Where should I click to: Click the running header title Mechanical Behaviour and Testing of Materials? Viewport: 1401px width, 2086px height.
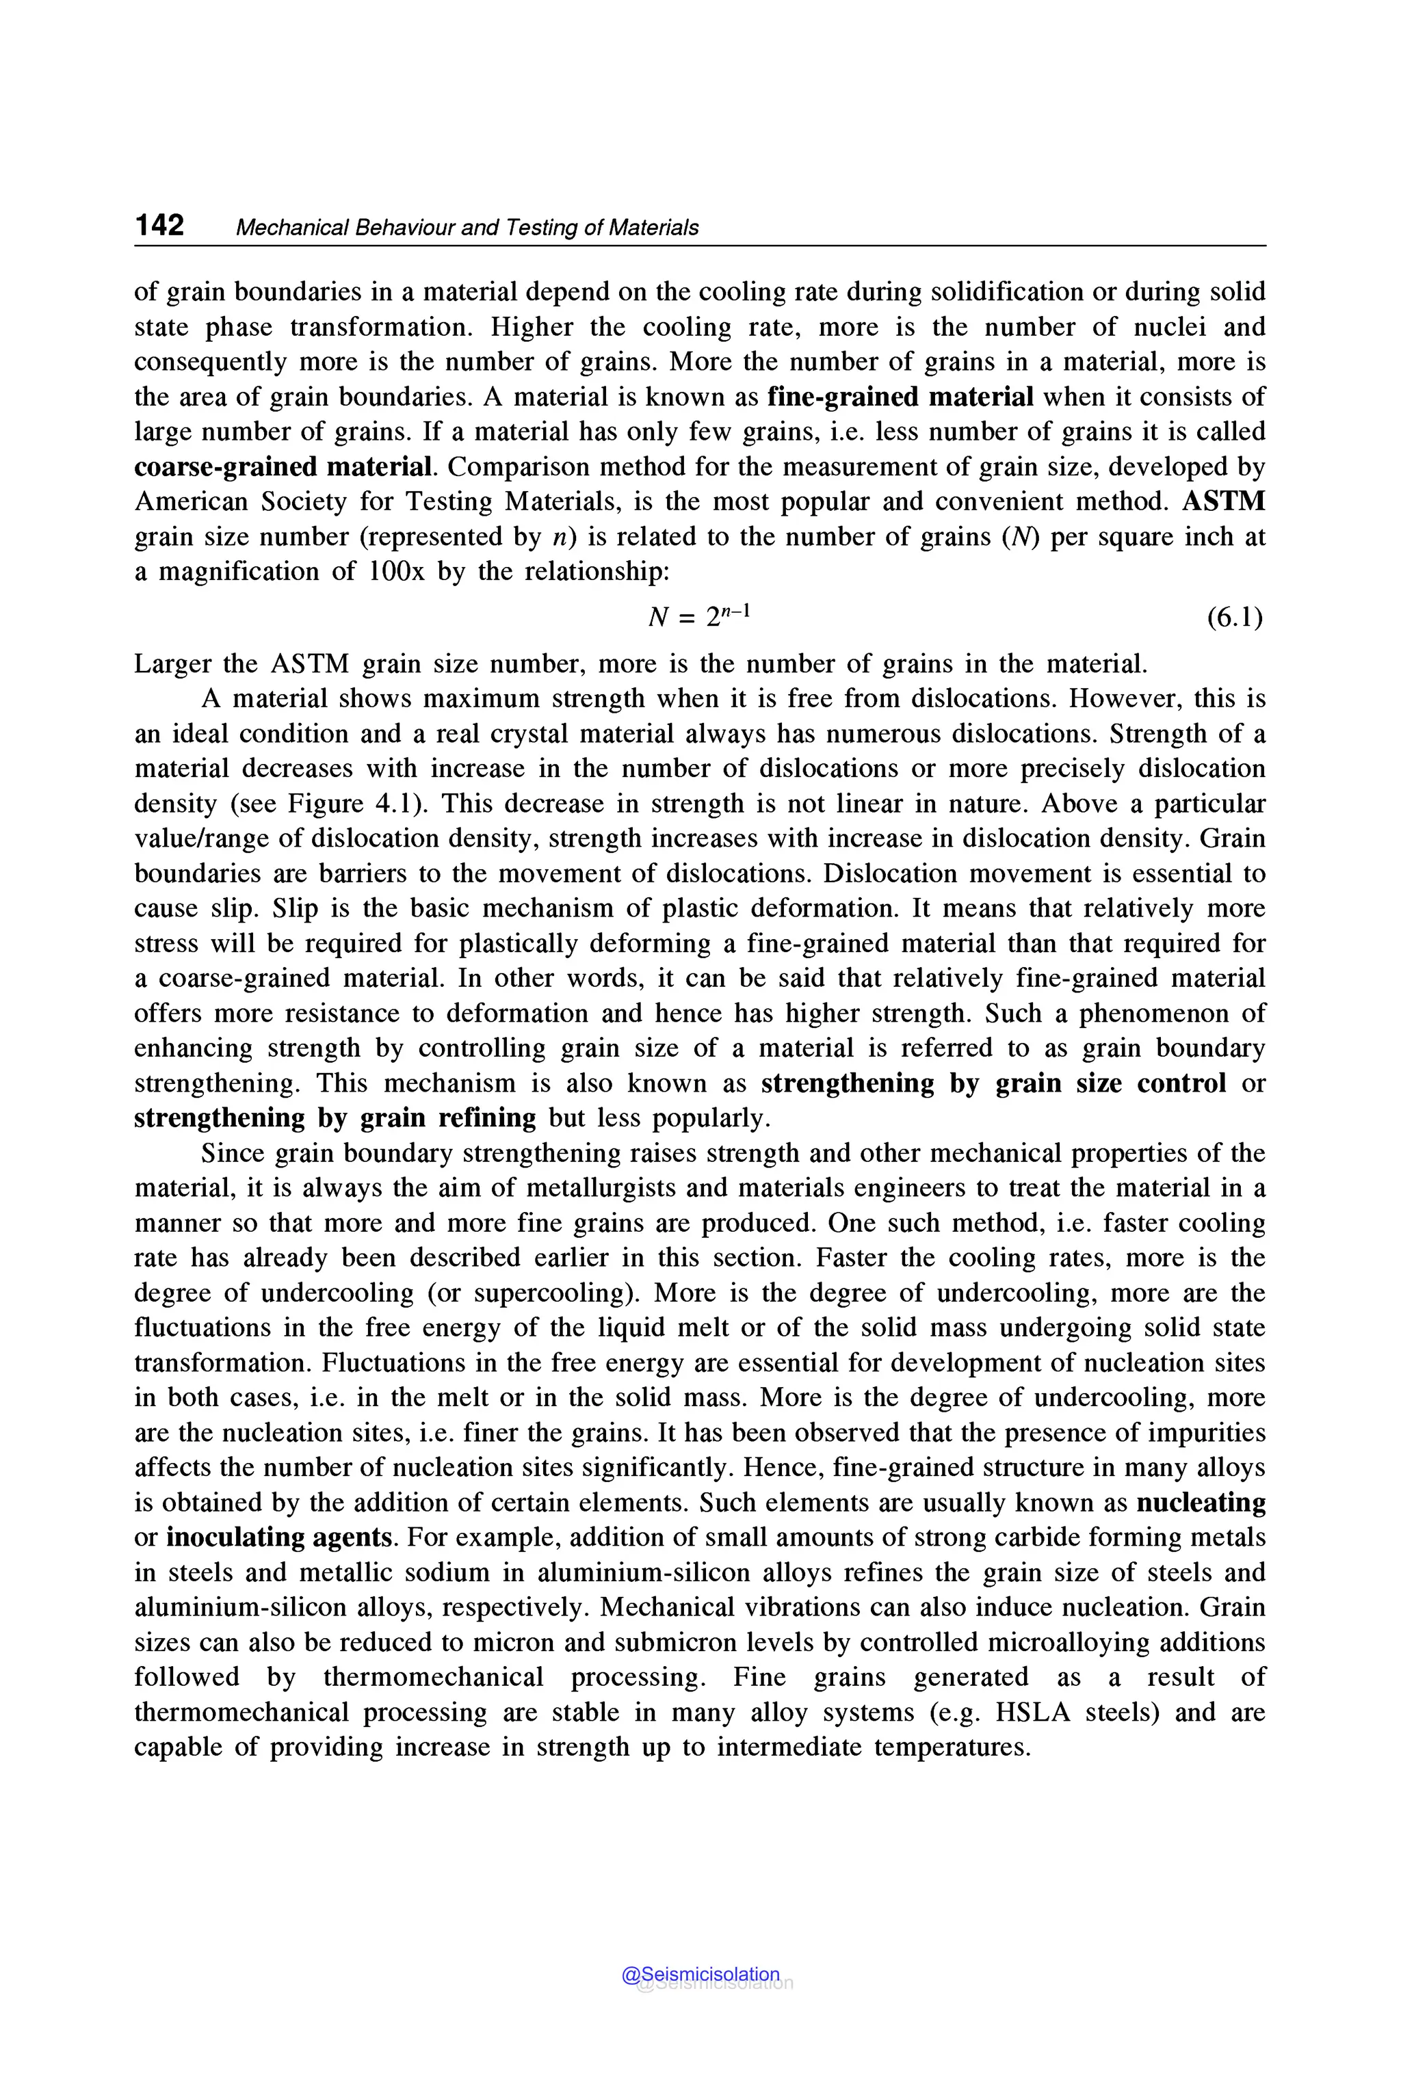click(x=467, y=228)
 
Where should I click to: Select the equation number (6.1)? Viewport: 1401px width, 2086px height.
click(x=1235, y=616)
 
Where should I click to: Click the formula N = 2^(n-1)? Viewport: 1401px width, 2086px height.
click(x=700, y=616)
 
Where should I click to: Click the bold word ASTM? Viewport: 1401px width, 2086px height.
click(x=1223, y=501)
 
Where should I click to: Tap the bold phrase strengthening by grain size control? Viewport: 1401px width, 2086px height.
click(x=993, y=1083)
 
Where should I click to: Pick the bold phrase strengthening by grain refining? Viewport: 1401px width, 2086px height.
click(x=335, y=1118)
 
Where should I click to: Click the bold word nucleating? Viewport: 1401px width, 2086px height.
click(x=1201, y=1502)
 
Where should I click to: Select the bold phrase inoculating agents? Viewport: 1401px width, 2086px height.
click(x=280, y=1537)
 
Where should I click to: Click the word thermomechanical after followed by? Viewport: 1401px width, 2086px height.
click(x=432, y=1677)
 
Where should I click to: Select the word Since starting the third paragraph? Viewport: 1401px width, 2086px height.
click(x=233, y=1153)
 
